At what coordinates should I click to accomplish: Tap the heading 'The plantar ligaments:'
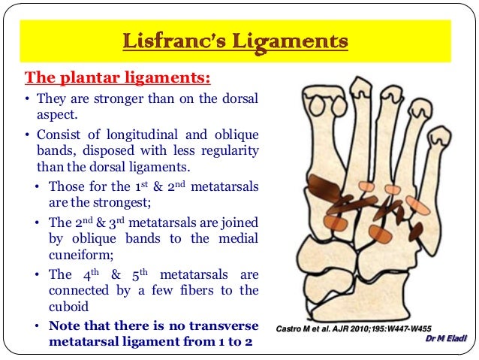118,77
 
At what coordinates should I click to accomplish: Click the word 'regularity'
227,151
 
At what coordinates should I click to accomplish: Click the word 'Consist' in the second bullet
59,135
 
